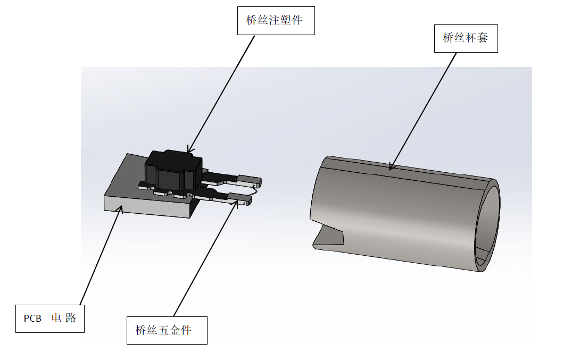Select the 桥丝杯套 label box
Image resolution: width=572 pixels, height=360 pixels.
tap(466, 38)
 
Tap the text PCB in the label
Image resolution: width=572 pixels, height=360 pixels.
tap(32, 319)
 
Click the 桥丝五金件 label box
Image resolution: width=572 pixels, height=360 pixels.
tap(167, 330)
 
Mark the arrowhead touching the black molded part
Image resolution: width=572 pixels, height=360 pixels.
tap(188, 150)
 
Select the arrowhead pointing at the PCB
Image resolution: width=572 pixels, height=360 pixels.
tap(121, 210)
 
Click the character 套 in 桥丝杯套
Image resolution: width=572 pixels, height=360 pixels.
tap(482, 38)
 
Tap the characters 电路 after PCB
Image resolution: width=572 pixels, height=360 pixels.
tap(64, 319)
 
